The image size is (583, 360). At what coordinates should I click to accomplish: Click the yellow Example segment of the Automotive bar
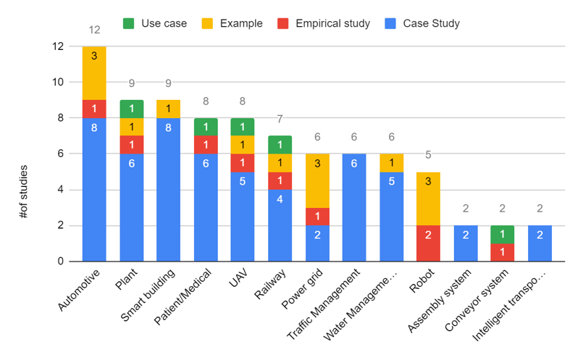pyautogui.click(x=94, y=72)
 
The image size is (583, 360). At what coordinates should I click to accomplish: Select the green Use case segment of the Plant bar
pyautogui.click(x=131, y=109)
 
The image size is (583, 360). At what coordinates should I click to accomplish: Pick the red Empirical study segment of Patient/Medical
pyautogui.click(x=206, y=144)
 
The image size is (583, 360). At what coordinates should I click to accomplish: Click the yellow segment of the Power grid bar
pyautogui.click(x=317, y=180)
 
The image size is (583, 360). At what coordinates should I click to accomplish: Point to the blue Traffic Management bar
pyautogui.click(x=354, y=208)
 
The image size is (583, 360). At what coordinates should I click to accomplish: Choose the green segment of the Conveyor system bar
pyautogui.click(x=503, y=234)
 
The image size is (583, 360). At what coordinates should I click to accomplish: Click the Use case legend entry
pyautogui.click(x=156, y=23)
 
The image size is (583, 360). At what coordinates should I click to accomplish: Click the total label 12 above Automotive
pyautogui.click(x=94, y=30)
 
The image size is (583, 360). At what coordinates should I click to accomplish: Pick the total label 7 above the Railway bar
pyautogui.click(x=280, y=119)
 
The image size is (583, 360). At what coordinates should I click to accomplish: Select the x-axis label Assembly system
pyautogui.click(x=443, y=297)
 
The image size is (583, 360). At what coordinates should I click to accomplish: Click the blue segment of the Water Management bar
pyautogui.click(x=392, y=217)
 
